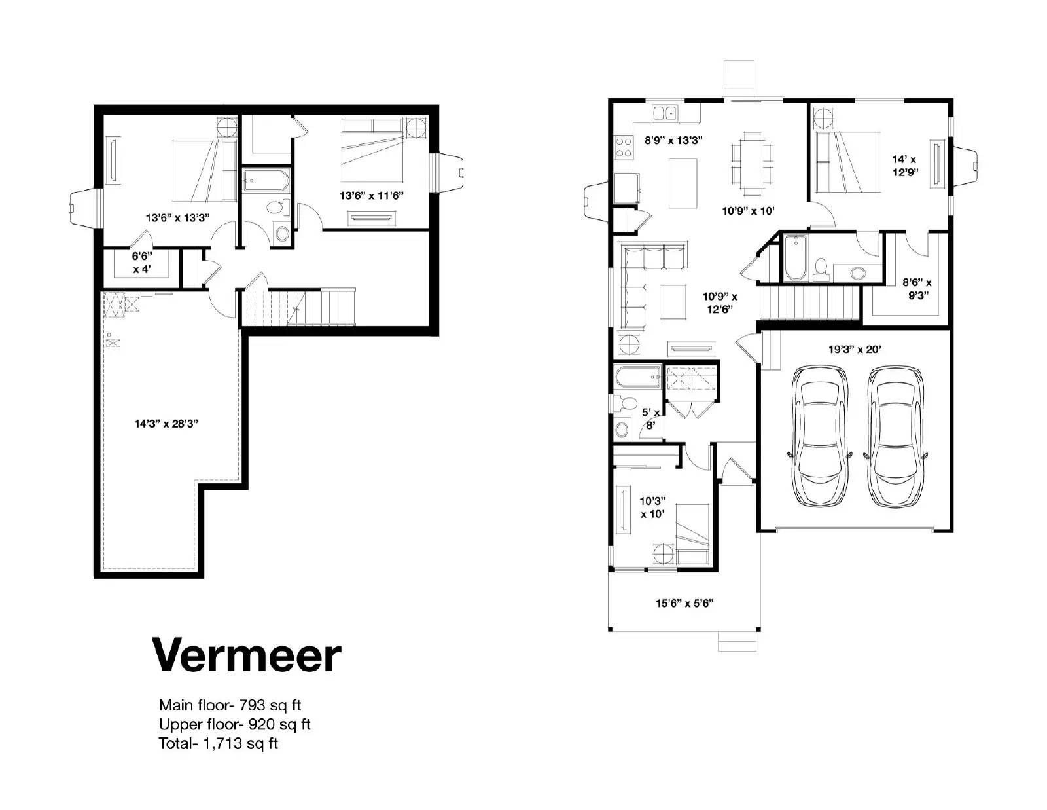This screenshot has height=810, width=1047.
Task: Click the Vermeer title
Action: [x=247, y=654]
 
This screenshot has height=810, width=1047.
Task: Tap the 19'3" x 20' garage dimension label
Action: [x=855, y=350]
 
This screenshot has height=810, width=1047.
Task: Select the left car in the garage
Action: [x=820, y=437]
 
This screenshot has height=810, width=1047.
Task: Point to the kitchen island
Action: [x=683, y=181]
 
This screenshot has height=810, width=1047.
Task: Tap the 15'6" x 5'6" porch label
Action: [x=684, y=603]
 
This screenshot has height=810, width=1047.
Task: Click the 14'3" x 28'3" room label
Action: [x=166, y=424]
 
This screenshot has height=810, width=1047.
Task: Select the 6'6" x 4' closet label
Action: [x=142, y=263]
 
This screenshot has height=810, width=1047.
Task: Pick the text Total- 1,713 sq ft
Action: [x=218, y=744]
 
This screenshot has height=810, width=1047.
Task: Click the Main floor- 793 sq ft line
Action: [x=230, y=705]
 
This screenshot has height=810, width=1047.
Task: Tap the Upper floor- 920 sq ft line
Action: [x=234, y=724]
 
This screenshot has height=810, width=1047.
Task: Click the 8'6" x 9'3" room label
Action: [x=917, y=288]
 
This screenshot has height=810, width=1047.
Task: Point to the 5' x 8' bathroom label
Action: [x=650, y=418]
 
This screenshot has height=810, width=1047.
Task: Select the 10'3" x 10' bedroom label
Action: [x=652, y=507]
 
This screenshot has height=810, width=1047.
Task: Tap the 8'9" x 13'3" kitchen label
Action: [x=673, y=140]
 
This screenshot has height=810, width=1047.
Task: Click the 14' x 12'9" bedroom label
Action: [x=905, y=166]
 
